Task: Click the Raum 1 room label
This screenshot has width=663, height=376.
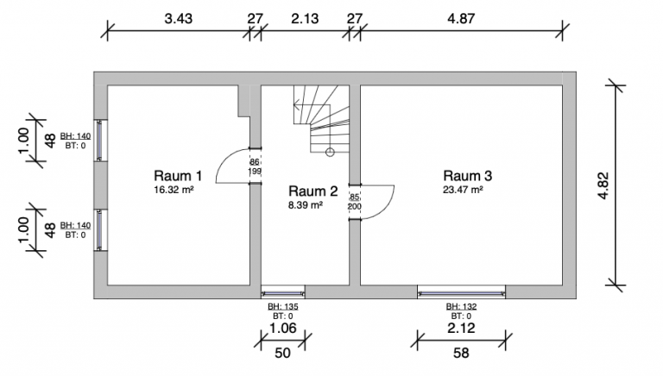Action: (178, 174)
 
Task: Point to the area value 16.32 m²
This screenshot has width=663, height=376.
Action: (174, 188)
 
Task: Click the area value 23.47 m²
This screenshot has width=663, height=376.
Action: (463, 189)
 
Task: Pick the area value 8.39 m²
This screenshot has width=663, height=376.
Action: (306, 205)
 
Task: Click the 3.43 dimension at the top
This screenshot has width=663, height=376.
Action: (179, 18)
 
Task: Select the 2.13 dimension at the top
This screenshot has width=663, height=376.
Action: (304, 18)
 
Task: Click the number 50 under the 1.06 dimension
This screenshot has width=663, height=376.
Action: (281, 352)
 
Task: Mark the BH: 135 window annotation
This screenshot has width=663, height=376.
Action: (281, 306)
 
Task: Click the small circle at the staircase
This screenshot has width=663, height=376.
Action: (329, 153)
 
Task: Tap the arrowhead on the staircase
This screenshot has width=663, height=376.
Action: (296, 107)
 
